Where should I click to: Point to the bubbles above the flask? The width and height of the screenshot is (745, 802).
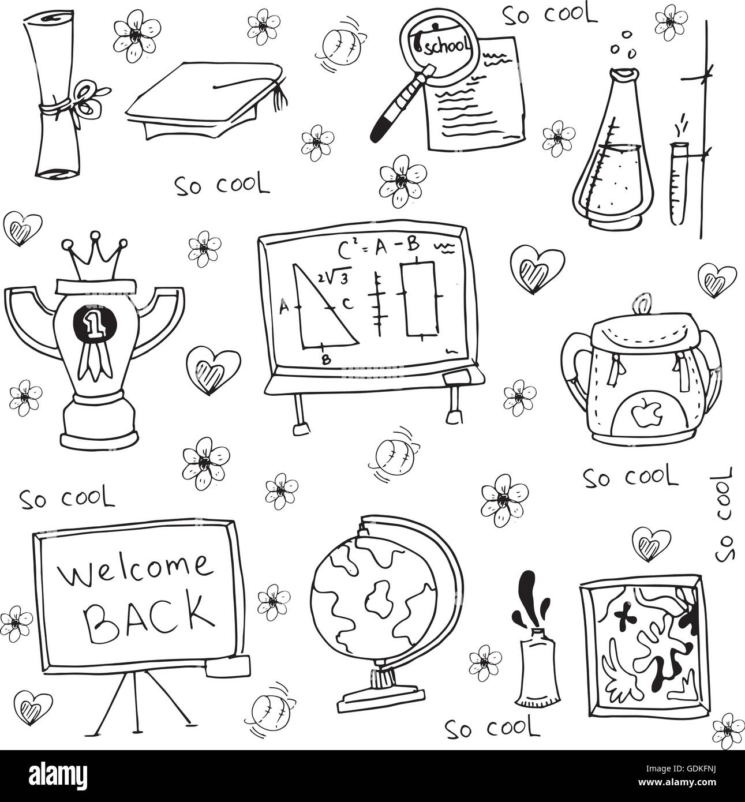click(624, 43)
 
